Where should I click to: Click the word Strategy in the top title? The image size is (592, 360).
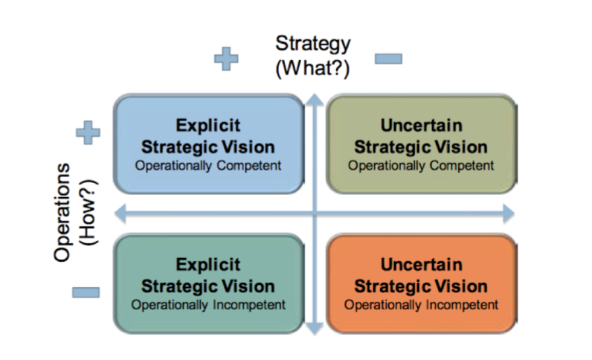(x=313, y=45)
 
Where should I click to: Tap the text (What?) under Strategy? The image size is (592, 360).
(x=312, y=68)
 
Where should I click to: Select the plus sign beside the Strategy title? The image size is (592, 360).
(x=226, y=59)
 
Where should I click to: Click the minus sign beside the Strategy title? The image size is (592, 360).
(x=388, y=59)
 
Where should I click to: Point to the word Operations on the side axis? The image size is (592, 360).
(x=62, y=213)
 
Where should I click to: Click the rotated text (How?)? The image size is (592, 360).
(x=89, y=213)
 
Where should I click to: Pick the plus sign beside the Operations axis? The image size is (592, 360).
(x=88, y=132)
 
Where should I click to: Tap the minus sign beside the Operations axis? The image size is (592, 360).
(x=86, y=292)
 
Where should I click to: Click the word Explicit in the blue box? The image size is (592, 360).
(x=208, y=126)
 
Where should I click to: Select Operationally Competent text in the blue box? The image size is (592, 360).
(x=208, y=165)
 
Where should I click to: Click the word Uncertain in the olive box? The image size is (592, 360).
(x=422, y=126)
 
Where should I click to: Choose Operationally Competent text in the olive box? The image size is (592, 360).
(x=421, y=165)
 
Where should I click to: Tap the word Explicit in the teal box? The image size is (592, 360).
(x=208, y=265)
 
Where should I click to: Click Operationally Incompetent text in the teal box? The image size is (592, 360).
(x=208, y=305)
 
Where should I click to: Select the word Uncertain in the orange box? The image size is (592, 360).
(x=422, y=265)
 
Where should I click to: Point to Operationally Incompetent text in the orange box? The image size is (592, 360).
(x=421, y=305)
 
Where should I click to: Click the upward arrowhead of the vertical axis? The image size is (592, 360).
(x=315, y=100)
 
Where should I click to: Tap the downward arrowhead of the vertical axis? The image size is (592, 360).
(x=315, y=329)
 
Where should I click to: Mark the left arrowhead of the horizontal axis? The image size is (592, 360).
(x=120, y=213)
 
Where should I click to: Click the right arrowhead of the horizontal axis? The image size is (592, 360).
(x=509, y=213)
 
